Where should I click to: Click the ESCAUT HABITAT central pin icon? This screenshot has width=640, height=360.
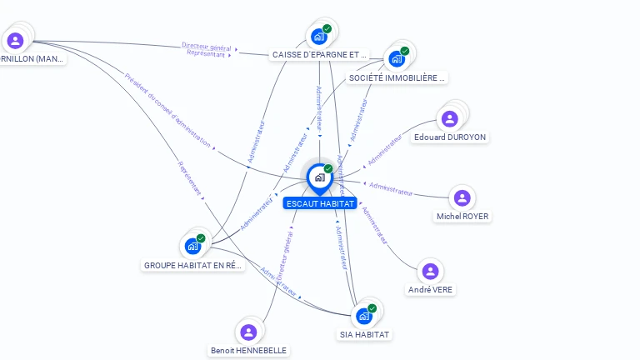[319, 177]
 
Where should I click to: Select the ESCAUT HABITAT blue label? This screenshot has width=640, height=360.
[320, 203]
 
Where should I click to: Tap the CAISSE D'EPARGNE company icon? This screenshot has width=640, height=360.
[318, 37]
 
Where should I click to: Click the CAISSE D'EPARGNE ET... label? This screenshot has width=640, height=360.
[319, 55]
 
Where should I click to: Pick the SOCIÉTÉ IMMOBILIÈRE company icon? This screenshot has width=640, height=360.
[396, 58]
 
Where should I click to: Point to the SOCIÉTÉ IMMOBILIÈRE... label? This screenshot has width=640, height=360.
[397, 77]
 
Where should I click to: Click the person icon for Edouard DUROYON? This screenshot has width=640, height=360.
[450, 118]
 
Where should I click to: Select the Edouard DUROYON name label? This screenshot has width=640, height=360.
[450, 137]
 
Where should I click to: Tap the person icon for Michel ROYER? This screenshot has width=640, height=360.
[462, 198]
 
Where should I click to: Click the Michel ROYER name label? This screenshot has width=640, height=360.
[462, 217]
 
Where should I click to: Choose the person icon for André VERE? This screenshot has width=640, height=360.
[430, 272]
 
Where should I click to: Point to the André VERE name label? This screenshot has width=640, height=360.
[431, 290]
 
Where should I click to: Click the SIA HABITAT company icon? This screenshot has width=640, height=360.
[363, 317]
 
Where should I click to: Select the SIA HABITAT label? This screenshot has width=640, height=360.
[364, 334]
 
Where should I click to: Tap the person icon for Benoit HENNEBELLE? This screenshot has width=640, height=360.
[248, 332]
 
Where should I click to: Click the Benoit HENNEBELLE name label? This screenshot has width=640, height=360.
[248, 351]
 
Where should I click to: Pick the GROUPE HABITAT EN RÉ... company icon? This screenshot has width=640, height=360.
[192, 247]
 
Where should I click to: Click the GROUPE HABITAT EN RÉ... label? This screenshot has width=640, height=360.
[193, 265]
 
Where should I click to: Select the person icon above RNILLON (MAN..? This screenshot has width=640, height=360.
[15, 40]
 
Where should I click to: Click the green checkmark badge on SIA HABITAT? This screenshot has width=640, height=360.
[372, 308]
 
